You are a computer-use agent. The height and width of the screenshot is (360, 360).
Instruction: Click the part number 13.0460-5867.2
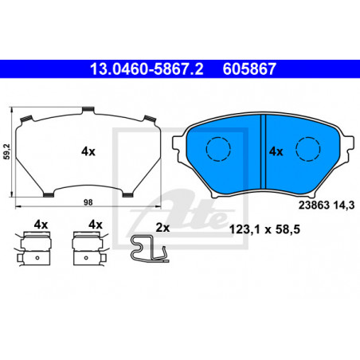pyautogui.click(x=147, y=69)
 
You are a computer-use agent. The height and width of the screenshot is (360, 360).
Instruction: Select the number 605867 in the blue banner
pyautogui.click(x=249, y=69)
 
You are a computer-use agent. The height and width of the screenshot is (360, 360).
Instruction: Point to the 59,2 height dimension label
pyautogui.click(x=6, y=151)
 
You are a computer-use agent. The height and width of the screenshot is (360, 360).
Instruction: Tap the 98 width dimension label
pyautogui.click(x=88, y=202)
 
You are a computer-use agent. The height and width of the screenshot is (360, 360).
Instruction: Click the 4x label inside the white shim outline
pyautogui.click(x=88, y=151)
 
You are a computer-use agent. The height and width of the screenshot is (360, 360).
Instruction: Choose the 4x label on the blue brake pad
pyautogui.click(x=276, y=151)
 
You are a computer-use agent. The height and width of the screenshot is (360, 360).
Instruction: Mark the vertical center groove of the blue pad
pyautogui.click(x=263, y=152)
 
